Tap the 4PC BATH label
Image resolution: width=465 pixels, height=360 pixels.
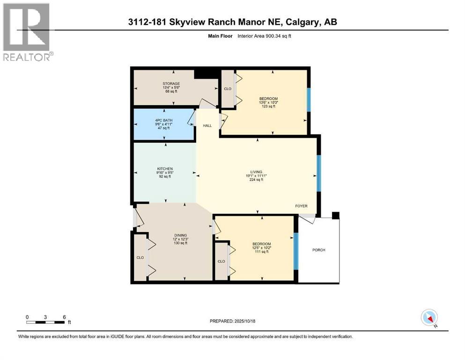(x=164, y=120)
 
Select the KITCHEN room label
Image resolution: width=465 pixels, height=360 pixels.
(x=165, y=169)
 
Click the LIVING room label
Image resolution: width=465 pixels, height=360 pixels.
(x=256, y=172)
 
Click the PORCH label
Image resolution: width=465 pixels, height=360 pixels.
(x=318, y=250)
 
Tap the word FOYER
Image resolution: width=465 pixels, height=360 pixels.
(x=302, y=206)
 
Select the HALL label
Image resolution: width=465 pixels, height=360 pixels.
(x=207, y=126)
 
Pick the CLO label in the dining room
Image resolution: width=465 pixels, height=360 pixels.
(x=140, y=257)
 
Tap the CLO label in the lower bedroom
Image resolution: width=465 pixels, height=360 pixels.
(x=221, y=261)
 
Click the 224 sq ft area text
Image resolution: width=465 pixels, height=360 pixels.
(x=256, y=179)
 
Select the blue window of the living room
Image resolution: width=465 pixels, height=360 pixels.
(x=318, y=173)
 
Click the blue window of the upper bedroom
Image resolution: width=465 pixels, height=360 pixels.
(x=309, y=99)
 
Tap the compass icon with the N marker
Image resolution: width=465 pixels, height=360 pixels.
(x=429, y=318)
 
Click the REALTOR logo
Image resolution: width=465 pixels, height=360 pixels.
(x=27, y=32)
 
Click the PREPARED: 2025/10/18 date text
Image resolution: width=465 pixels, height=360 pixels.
(x=233, y=321)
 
